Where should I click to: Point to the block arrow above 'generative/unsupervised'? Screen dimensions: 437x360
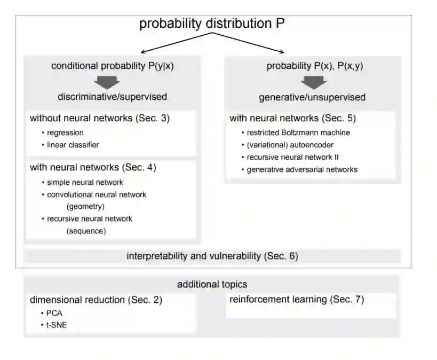pos(313,82)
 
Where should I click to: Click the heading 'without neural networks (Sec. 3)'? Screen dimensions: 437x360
pos(100,118)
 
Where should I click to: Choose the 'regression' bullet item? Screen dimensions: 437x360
pos(65,132)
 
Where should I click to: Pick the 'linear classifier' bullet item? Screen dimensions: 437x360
pos(73,145)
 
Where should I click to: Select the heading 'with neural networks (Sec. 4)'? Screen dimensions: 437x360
pos(93,168)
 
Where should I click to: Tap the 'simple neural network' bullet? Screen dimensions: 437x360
pos(85,182)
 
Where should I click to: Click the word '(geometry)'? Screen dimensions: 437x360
pos(85,206)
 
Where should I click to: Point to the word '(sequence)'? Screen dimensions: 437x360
pos(86,231)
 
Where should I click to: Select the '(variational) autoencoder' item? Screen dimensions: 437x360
pos(291,145)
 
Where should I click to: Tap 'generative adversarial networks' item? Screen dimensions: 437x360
pos(302,169)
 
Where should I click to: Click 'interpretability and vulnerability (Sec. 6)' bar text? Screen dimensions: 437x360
pos(212,256)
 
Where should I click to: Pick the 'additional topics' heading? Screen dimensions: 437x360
pos(212,285)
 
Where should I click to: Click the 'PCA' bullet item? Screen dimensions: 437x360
pos(54,313)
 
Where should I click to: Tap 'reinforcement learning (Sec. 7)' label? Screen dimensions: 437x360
pos(297,300)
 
